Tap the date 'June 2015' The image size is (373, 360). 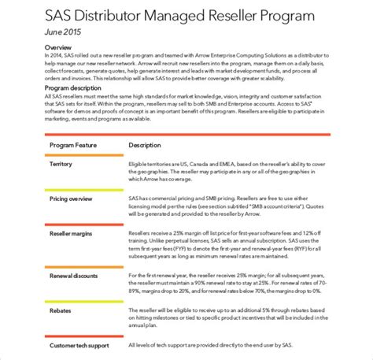click(x=40, y=34)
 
